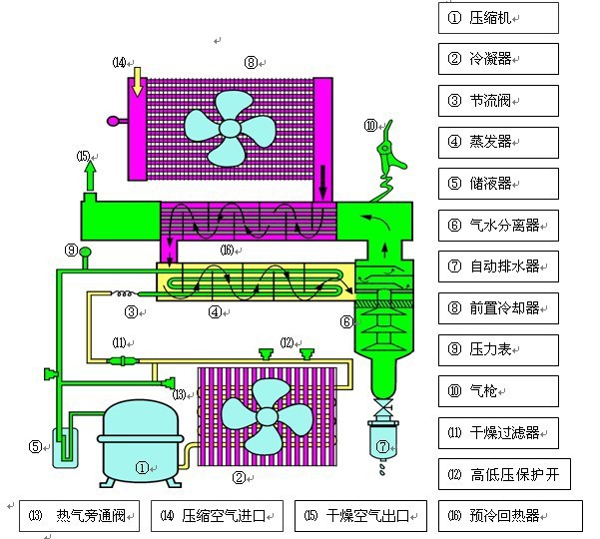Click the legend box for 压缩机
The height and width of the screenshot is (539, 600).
(497, 17)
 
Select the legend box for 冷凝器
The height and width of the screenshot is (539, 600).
(497, 58)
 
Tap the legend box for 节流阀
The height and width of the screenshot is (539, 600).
(497, 100)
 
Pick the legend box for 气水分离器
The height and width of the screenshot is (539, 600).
(497, 226)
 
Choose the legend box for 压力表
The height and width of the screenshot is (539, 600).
(497, 349)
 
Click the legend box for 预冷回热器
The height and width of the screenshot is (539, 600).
(510, 515)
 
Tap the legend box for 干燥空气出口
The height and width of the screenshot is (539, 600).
(359, 515)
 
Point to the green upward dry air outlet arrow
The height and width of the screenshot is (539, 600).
(91, 176)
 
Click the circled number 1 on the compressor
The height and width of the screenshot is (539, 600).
(142, 465)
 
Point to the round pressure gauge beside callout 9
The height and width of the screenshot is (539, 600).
(87, 251)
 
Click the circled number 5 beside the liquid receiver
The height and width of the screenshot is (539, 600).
(34, 446)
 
